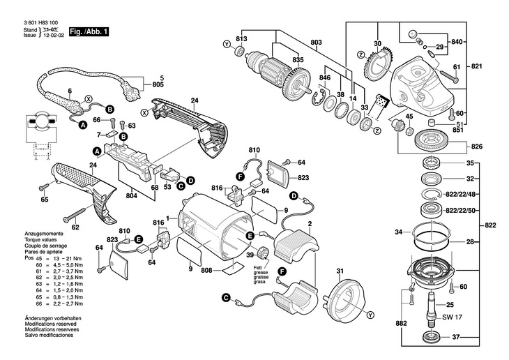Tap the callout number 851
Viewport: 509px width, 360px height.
pyautogui.click(x=459, y=128)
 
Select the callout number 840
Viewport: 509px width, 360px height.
pyautogui.click(x=457, y=42)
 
